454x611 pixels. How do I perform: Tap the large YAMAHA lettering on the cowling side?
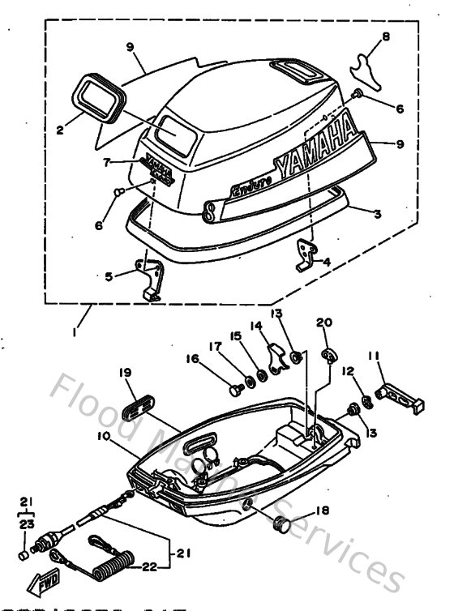point(316,150)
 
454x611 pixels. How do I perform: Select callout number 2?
point(60,126)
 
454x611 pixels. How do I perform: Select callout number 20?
point(324,323)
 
